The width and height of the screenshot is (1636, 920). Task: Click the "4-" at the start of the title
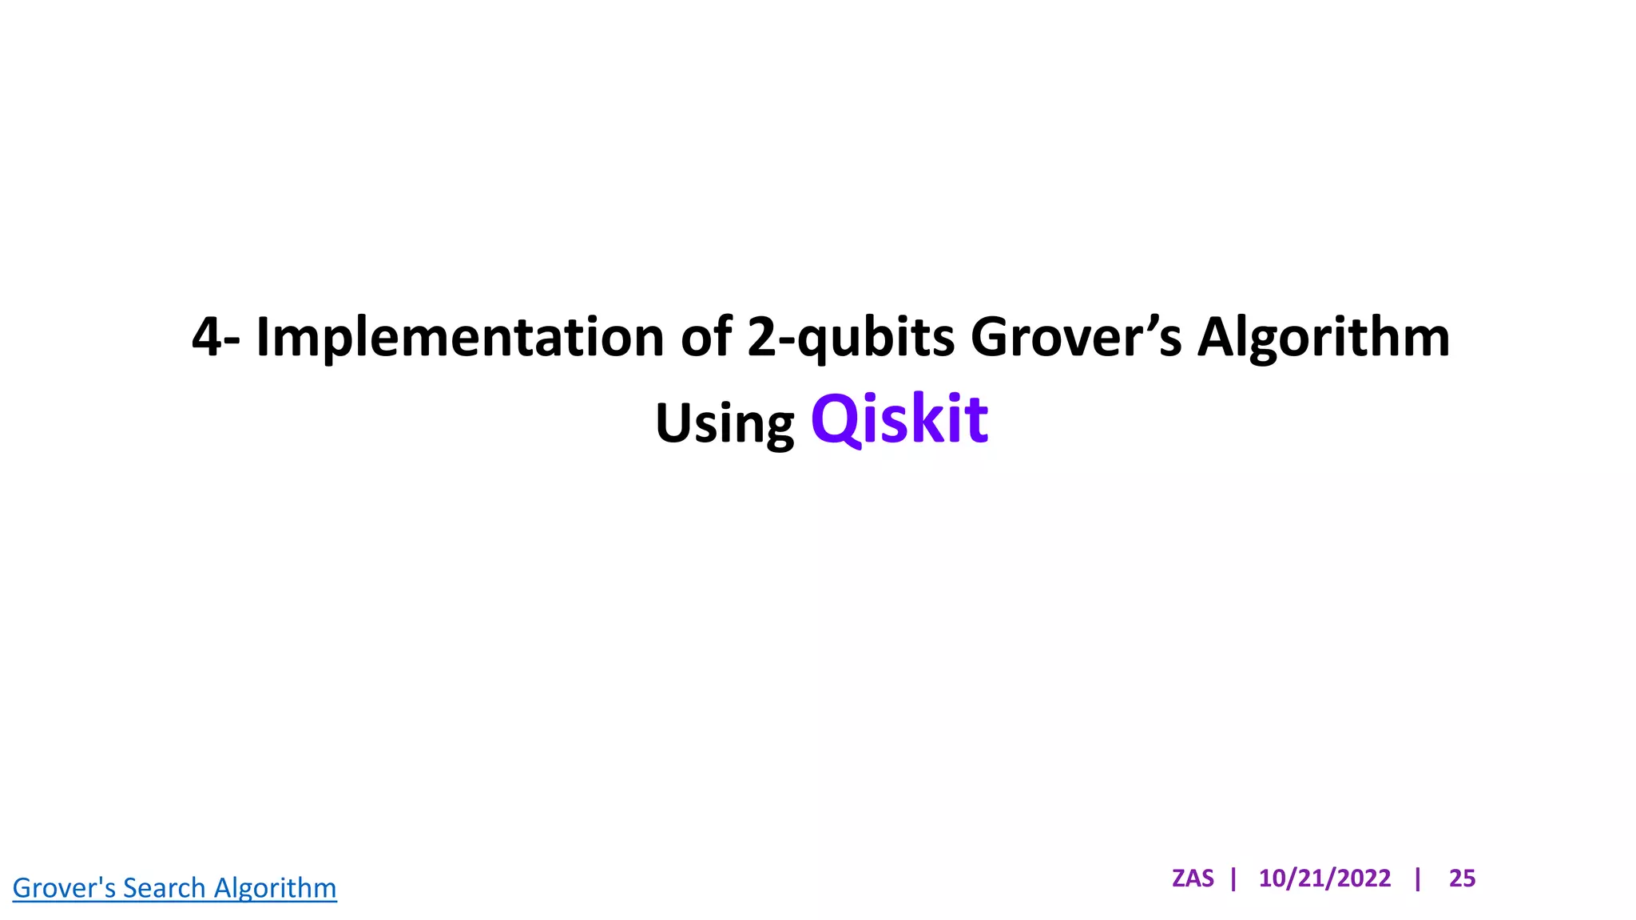pyautogui.click(x=216, y=337)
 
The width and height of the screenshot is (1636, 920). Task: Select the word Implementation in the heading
pyautogui.click(x=459, y=337)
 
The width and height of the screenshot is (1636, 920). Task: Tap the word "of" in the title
pyautogui.click(x=706, y=337)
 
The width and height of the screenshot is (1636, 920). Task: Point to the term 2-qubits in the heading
pyautogui.click(x=850, y=337)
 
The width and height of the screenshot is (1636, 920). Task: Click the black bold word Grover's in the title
pyautogui.click(x=1075, y=337)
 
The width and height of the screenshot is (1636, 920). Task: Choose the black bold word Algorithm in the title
pyautogui.click(x=1323, y=337)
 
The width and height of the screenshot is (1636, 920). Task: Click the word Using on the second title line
pyautogui.click(x=725, y=423)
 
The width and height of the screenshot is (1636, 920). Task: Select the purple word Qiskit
pyautogui.click(x=899, y=419)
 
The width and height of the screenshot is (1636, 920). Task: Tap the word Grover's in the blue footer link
pyautogui.click(x=64, y=888)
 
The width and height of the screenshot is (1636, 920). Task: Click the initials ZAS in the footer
pyautogui.click(x=1193, y=878)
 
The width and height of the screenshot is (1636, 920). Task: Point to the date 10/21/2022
pyautogui.click(x=1324, y=878)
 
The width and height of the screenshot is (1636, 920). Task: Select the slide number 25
pyautogui.click(x=1462, y=878)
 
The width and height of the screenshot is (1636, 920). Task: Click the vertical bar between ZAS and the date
pyautogui.click(x=1234, y=878)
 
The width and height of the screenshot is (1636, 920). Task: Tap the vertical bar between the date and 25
pyautogui.click(x=1418, y=878)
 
